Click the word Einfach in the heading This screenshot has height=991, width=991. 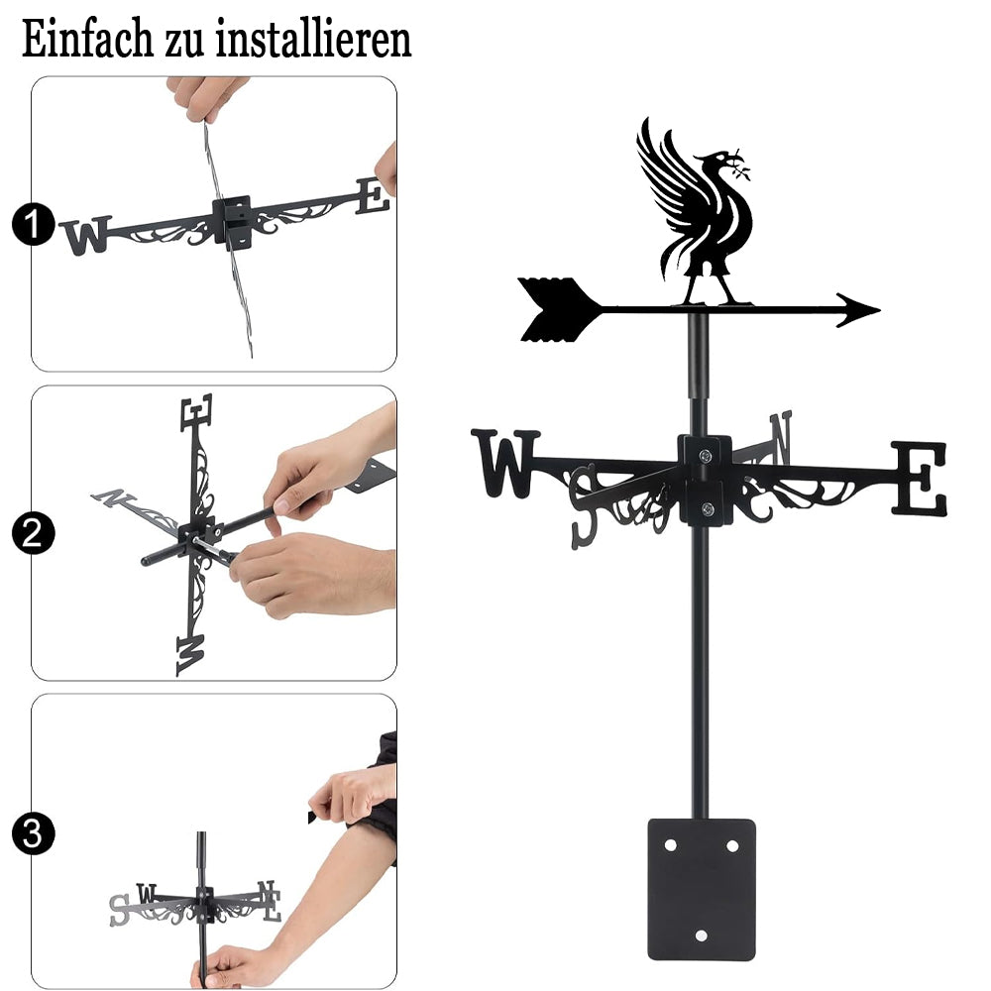pyautogui.click(x=87, y=40)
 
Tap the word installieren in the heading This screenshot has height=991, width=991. pyautogui.click(x=313, y=40)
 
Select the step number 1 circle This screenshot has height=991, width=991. pyautogui.click(x=33, y=224)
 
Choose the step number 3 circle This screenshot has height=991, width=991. pyautogui.click(x=33, y=833)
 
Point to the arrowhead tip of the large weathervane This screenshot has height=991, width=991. pyautogui.click(x=880, y=309)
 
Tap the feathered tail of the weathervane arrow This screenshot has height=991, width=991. pyautogui.click(x=557, y=309)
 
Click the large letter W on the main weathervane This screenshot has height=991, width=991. pyautogui.click(x=505, y=463)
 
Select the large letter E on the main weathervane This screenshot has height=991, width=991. pyautogui.click(x=920, y=479)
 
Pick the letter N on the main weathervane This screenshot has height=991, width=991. pyautogui.click(x=781, y=437)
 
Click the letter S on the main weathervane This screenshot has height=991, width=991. pyautogui.click(x=584, y=505)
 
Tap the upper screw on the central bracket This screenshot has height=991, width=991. pyautogui.click(x=706, y=455)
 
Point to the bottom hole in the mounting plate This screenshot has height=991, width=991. pyautogui.click(x=701, y=936)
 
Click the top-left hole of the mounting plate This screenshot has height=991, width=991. pyautogui.click(x=671, y=845)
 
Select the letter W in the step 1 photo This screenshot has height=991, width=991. pyautogui.click(x=86, y=235)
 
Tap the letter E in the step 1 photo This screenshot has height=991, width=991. pyautogui.click(x=373, y=196)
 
